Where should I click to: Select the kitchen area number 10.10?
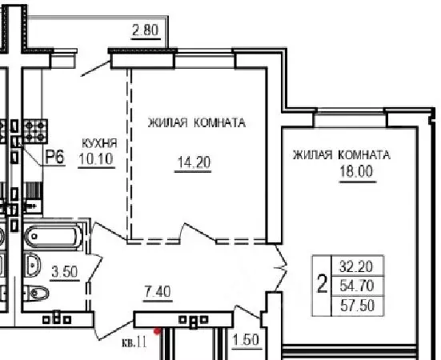pyautogui.click(x=98, y=158)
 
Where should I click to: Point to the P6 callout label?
pyautogui.click(x=54, y=157)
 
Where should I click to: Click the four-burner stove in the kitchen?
pyautogui.click(x=35, y=130)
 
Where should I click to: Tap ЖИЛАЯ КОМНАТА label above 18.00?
pyautogui.click(x=341, y=154)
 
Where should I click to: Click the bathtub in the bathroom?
pyautogui.click(x=52, y=237)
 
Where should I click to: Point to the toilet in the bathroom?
pyautogui.click(x=33, y=292)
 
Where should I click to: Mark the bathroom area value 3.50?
pyautogui.click(x=64, y=271)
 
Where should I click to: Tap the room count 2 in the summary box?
pyautogui.click(x=323, y=284)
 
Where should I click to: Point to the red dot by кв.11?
pyautogui.click(x=158, y=330)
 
